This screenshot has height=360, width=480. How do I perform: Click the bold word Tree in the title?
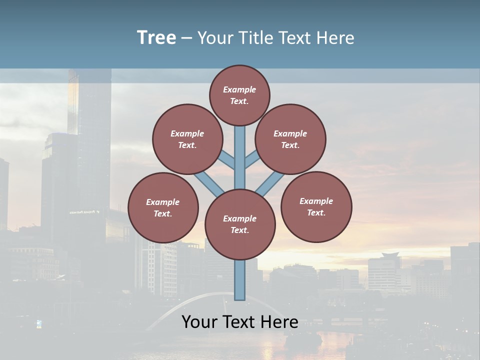(156, 38)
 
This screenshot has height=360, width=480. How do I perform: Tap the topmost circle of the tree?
(239, 95)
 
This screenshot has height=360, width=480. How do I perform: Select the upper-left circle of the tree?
(187, 139)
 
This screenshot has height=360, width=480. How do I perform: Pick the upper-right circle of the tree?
(290, 139)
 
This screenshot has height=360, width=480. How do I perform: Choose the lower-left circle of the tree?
(163, 207)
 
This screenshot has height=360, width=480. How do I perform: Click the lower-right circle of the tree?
(316, 206)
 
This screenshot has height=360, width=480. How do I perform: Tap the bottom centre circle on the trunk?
(240, 224)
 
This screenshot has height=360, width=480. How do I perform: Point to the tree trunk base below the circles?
(240, 280)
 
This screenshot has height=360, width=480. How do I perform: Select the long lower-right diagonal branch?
(270, 184)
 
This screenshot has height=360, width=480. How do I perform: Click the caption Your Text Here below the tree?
(240, 322)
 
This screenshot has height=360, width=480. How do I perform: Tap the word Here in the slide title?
(336, 38)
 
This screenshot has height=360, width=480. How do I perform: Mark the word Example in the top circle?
(239, 89)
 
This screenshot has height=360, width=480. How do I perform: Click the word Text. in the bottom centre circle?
(239, 230)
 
